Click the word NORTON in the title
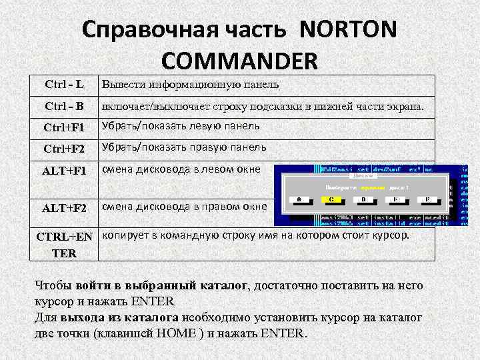[348, 30]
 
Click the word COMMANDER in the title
[240, 61]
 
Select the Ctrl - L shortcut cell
[64, 85]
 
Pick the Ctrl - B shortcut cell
[64, 105]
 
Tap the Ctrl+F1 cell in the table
[65, 127]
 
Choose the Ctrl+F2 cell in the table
[65, 148]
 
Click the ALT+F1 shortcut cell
[65, 171]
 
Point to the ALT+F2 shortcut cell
[65, 208]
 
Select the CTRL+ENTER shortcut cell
[65, 245]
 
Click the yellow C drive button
[331, 199]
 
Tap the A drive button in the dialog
[299, 199]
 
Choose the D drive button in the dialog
[363, 199]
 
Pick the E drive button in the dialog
[395, 199]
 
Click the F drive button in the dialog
[427, 199]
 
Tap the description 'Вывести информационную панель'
[190, 85]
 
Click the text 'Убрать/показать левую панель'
[181, 126]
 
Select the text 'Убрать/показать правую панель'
[183, 147]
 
